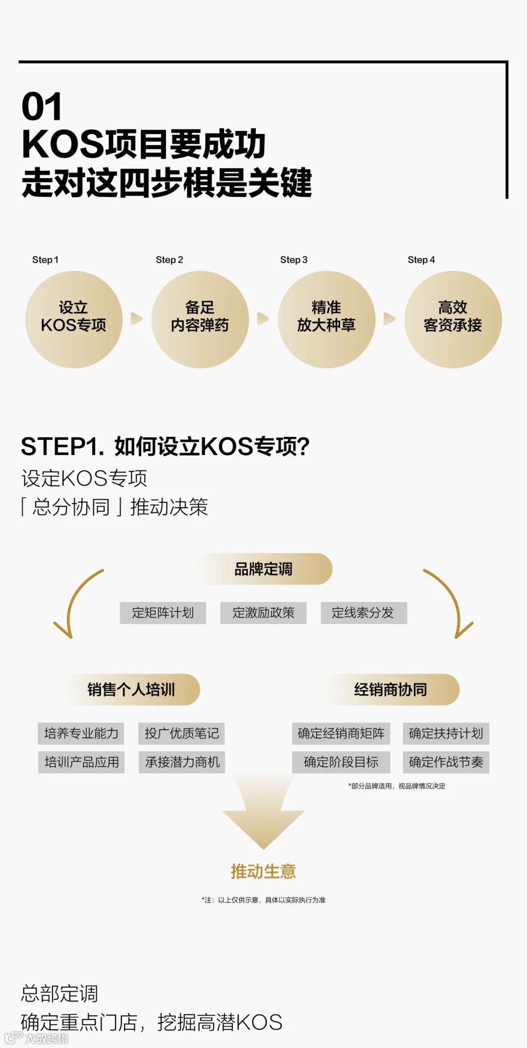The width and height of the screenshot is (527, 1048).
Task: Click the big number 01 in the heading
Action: (x=42, y=107)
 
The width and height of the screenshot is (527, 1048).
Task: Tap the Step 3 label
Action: (x=294, y=260)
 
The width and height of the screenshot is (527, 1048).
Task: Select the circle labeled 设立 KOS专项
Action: (x=74, y=319)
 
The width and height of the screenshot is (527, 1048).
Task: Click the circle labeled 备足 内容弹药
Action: (x=200, y=319)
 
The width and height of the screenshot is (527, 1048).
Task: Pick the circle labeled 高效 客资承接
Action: (x=453, y=319)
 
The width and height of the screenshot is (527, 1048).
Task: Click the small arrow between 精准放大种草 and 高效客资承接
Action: (x=389, y=319)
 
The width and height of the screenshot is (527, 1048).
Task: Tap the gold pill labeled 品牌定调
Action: (x=264, y=569)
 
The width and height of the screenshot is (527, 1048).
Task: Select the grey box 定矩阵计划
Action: (x=163, y=613)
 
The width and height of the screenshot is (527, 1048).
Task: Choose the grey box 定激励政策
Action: (x=263, y=613)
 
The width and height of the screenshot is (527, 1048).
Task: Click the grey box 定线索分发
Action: (x=364, y=613)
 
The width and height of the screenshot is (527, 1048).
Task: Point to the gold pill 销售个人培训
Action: (x=131, y=690)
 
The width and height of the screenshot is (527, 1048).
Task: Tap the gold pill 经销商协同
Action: (x=391, y=690)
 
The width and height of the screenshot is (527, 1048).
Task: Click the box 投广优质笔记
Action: (x=182, y=734)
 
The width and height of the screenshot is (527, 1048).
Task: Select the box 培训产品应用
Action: (x=81, y=762)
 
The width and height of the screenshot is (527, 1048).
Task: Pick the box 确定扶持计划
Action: (x=446, y=734)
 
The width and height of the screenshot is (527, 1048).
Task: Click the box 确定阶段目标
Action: (x=341, y=762)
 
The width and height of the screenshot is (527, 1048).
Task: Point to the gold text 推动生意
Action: (x=263, y=871)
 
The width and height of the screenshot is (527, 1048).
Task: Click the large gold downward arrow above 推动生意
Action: (x=263, y=815)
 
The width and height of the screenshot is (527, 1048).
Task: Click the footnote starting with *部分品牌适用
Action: (x=396, y=786)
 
